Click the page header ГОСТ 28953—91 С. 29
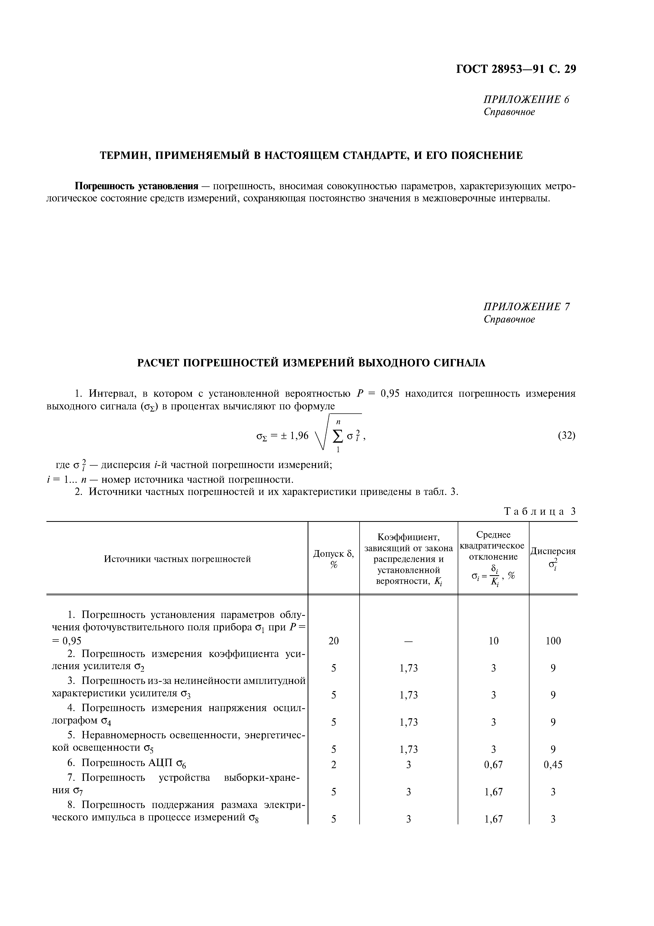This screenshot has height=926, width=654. (x=516, y=69)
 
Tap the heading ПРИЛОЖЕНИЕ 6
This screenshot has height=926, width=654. (x=526, y=100)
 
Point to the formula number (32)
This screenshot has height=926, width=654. (x=567, y=436)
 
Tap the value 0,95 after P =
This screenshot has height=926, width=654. (x=390, y=394)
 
